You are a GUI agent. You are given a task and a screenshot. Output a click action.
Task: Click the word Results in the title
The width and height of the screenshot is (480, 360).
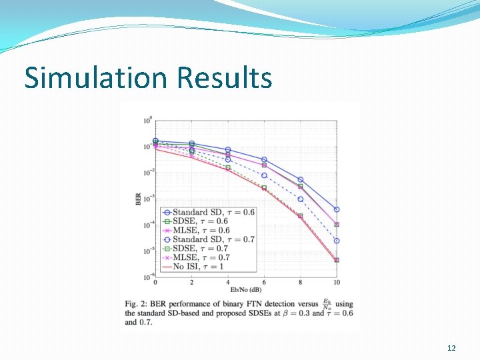tap(224, 77)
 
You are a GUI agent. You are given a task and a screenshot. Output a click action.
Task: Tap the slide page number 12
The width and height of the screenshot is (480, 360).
tap(451, 348)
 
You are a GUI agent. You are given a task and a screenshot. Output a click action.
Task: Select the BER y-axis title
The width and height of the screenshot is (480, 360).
tap(138, 199)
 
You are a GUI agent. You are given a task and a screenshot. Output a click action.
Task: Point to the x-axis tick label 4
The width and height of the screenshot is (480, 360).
tap(227, 283)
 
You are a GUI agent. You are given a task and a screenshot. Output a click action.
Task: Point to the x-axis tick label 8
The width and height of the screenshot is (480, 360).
tap(300, 283)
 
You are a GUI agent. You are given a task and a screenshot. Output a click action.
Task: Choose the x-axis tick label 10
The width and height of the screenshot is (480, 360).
tap(336, 283)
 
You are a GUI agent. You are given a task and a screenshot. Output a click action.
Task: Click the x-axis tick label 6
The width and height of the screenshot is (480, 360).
tap(264, 283)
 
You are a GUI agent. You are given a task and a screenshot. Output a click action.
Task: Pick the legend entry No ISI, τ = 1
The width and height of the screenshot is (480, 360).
tap(201, 266)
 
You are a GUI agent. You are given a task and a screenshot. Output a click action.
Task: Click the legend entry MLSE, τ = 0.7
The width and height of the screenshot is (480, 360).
tap(201, 257)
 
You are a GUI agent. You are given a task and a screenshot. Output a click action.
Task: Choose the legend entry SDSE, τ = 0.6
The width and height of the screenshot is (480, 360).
tap(201, 221)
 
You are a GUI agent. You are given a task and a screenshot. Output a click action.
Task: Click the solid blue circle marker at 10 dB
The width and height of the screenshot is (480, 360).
tap(337, 209)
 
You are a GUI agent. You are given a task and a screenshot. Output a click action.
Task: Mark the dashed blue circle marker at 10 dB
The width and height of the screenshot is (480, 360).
tap(337, 241)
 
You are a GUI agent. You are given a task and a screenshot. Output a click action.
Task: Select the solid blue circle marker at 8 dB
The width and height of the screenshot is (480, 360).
tap(301, 180)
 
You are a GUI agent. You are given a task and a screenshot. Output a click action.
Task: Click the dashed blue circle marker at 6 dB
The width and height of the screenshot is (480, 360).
tap(264, 175)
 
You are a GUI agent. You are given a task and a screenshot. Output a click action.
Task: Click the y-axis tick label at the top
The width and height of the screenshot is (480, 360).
tap(147, 121)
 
